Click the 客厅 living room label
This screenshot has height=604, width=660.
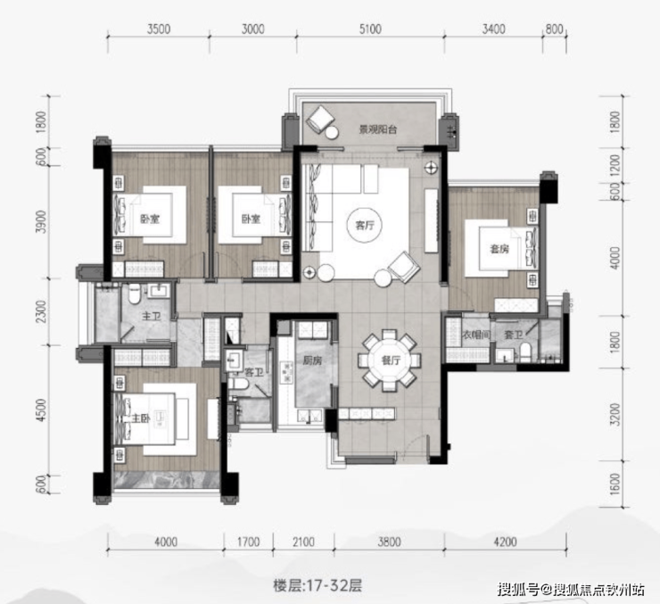[365, 225]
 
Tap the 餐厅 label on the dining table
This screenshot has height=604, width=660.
[390, 360]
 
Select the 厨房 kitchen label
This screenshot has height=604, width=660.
[312, 360]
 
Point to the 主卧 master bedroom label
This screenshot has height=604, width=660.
[141, 418]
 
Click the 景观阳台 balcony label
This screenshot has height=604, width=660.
[378, 129]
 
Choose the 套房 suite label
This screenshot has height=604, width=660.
[499, 249]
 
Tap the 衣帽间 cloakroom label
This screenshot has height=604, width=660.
[476, 335]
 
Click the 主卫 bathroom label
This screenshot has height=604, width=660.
[151, 316]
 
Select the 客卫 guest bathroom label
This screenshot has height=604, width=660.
[254, 373]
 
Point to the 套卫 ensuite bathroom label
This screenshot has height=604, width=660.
[514, 335]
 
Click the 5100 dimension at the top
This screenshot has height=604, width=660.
[370, 29]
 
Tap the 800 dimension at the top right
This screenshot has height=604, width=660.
[554, 29]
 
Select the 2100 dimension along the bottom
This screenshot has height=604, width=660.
[303, 542]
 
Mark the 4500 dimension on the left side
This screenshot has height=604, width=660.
[41, 410]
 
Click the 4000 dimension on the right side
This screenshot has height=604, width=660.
[615, 258]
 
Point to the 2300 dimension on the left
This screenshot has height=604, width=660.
[41, 311]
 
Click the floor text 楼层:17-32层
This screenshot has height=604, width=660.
[318, 585]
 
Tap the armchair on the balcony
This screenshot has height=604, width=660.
[319, 118]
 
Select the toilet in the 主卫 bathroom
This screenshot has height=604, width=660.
[135, 294]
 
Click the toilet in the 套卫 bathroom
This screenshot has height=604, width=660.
[525, 352]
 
